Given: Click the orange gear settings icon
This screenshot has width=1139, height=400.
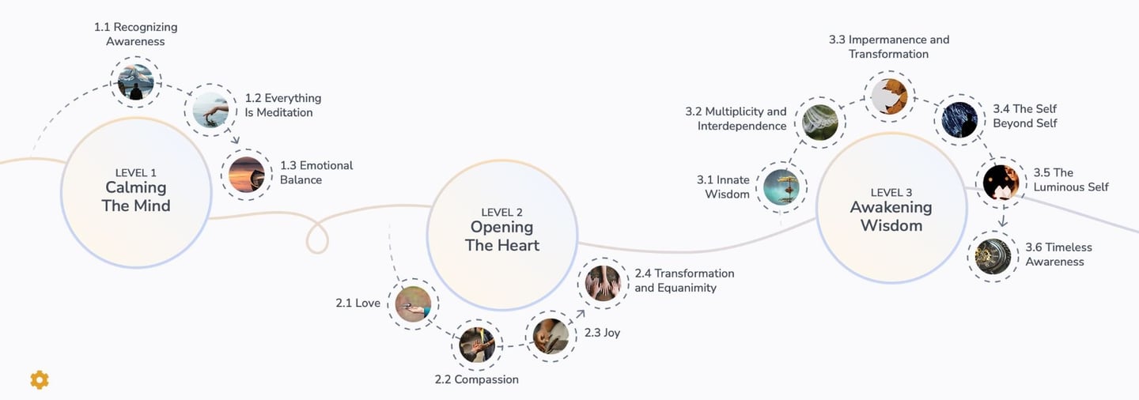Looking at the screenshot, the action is pos(40,379).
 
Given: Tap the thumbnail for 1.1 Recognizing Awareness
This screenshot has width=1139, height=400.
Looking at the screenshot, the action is pos(136,82).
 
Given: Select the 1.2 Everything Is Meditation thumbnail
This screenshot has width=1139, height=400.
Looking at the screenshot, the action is pos(210,110).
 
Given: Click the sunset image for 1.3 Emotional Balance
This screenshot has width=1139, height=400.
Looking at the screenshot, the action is pos(247,175).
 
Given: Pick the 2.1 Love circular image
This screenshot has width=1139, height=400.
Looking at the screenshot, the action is pos(413,304).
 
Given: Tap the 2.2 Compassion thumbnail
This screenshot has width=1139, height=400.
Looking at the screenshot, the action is pos(477,345).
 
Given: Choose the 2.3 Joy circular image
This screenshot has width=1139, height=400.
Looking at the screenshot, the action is pos(551,337).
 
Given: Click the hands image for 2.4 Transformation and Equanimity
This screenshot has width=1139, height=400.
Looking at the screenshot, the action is pos(603,283).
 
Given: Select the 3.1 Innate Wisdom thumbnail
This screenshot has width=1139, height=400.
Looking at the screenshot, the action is pos(781,187).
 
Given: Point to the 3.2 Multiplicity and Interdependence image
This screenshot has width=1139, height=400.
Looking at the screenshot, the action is pos(820,123).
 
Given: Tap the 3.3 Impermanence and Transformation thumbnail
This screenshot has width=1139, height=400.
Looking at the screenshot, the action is pos(889,96).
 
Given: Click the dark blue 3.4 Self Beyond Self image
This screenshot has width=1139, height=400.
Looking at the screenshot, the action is pos(959,120).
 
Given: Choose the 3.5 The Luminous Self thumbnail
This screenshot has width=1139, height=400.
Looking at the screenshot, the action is pos(1001,183).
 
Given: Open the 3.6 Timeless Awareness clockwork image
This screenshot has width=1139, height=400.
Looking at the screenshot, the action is pos(993,257).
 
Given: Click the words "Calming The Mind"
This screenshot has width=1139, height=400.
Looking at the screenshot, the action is pos(136,197).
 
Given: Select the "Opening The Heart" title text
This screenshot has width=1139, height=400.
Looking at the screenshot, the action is pos(501,236).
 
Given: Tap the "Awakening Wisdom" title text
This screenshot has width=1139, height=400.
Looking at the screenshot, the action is pos(891,216).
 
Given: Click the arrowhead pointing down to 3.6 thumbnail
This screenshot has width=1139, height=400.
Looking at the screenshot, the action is pos(1002,222).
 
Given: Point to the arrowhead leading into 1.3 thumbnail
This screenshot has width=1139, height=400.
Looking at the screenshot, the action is pos(235,140).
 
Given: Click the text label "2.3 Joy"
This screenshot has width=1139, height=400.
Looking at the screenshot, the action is pos(602,332).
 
